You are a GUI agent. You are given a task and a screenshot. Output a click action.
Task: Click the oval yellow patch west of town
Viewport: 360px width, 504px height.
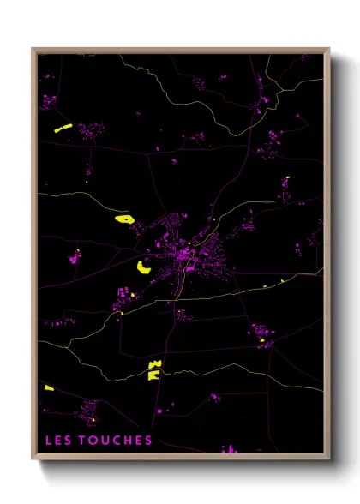click(x=125, y=219)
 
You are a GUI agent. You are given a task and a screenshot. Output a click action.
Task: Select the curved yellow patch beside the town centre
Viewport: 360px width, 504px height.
click(x=144, y=267)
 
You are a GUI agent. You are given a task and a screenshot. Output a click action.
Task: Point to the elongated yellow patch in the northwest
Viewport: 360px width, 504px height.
click(x=63, y=129)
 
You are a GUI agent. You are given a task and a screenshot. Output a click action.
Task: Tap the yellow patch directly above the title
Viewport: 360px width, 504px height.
click(x=49, y=388)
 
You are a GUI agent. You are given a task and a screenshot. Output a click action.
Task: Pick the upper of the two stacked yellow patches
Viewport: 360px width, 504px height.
click(x=154, y=365)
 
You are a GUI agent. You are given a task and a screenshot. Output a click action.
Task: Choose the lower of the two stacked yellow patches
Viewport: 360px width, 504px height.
click(x=153, y=375)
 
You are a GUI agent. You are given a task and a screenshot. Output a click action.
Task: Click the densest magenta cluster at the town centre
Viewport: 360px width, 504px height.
click(x=184, y=253)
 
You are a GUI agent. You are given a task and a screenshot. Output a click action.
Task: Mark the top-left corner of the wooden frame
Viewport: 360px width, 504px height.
click(x=33, y=49)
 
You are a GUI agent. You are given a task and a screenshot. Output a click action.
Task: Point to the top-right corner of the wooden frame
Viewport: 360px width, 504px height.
click(x=329, y=49)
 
